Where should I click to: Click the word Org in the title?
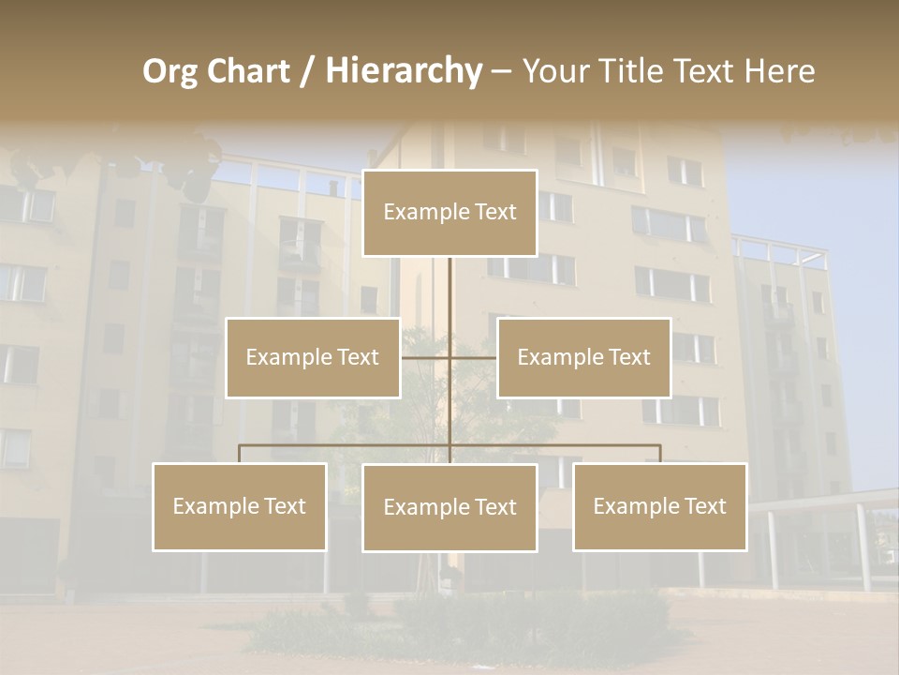click(x=169, y=72)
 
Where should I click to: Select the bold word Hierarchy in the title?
click(x=404, y=71)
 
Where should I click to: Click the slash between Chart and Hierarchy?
click(x=307, y=72)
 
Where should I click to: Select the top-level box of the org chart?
click(x=449, y=213)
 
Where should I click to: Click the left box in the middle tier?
click(x=313, y=357)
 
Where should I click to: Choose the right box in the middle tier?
click(x=584, y=357)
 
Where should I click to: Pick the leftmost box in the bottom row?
click(x=240, y=507)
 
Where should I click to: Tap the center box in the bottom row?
click(x=449, y=507)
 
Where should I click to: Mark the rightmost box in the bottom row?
click(x=660, y=507)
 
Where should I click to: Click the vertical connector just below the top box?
click(x=449, y=291)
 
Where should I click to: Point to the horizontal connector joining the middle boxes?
click(x=426, y=357)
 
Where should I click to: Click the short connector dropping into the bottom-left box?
click(x=240, y=454)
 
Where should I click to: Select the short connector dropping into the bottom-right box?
click(x=660, y=454)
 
